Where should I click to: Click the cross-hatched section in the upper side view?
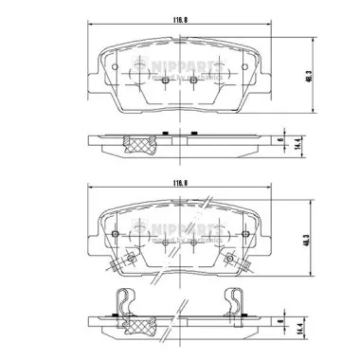click(142, 144)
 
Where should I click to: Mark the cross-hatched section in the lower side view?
click(142, 324)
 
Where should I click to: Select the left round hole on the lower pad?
click(113, 234)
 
